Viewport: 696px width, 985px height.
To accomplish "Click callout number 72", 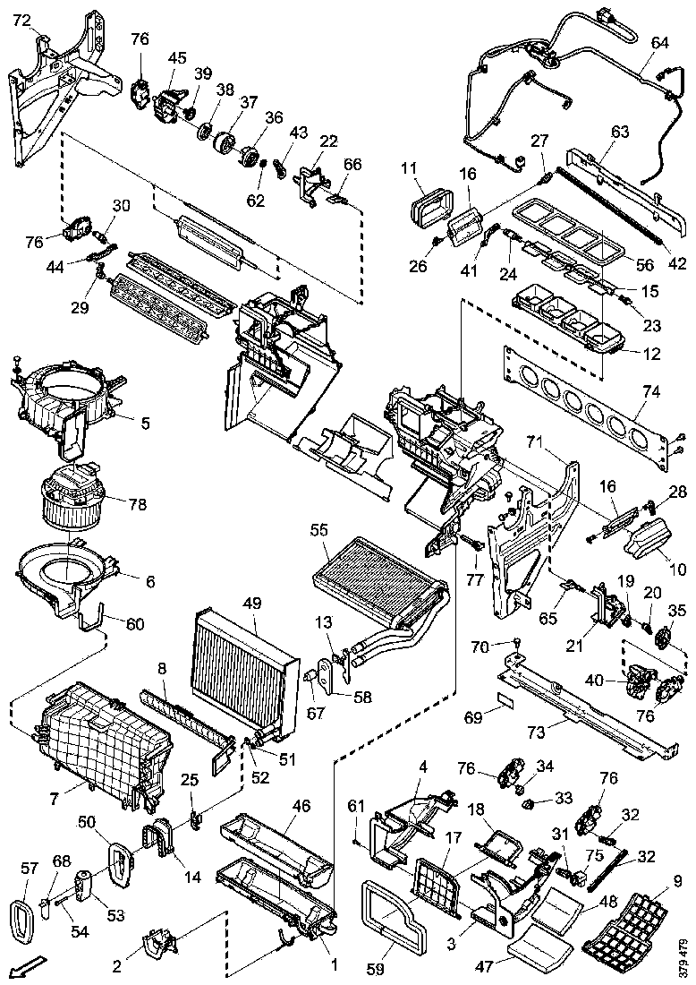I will point(21,19).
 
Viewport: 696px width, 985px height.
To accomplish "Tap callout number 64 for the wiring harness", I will point(659,42).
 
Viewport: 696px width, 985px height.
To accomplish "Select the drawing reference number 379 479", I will point(683,955).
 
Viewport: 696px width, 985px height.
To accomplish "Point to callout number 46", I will point(301,806).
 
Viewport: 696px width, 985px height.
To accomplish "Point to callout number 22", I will point(329,141).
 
